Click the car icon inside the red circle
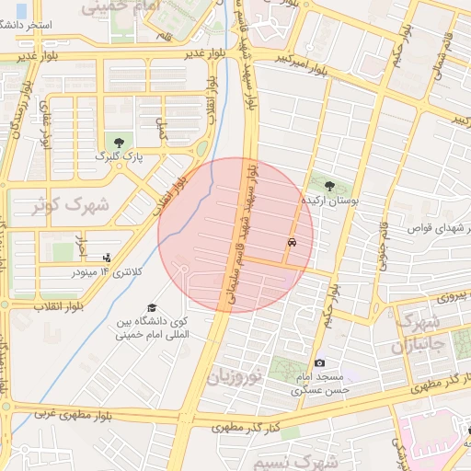click(x=292, y=243)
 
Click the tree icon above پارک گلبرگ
click(x=118, y=141)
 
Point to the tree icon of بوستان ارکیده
click(x=329, y=185)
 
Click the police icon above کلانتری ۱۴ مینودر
click(x=108, y=258)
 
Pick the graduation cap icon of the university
click(x=151, y=308)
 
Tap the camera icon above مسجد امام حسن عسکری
click(x=319, y=363)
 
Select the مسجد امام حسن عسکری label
click(x=318, y=384)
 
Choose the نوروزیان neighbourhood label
click(x=235, y=376)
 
